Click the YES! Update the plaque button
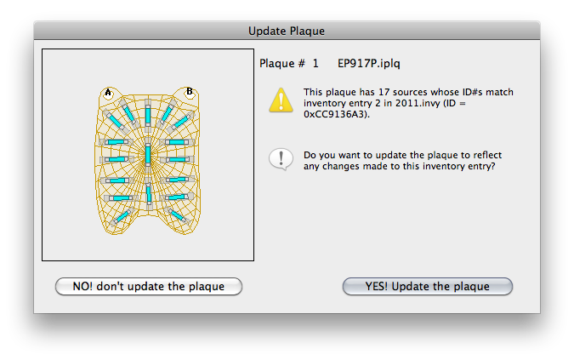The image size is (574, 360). (427, 286)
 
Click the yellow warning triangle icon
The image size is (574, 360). (281, 100)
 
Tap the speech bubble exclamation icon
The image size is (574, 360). (281, 159)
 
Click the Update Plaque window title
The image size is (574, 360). (287, 31)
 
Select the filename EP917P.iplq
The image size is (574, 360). (368, 63)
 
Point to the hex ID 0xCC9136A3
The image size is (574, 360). (336, 114)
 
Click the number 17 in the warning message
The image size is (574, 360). (384, 92)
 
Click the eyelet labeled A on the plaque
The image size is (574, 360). (108, 92)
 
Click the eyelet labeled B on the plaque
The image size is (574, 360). (190, 91)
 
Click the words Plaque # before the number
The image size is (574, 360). (281, 63)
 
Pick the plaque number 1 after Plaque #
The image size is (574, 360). (315, 64)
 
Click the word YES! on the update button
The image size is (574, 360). (377, 286)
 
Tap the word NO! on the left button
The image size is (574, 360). (82, 286)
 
